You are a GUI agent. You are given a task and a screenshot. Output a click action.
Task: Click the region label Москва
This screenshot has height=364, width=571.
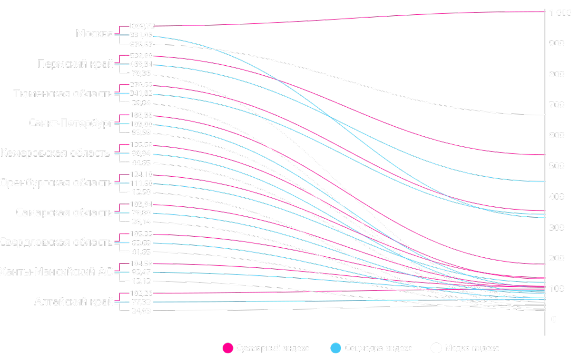tap(94, 34)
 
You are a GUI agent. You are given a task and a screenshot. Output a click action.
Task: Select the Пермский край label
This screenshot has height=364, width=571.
tap(75, 64)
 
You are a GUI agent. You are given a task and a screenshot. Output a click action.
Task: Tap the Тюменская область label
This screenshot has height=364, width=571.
tap(63, 93)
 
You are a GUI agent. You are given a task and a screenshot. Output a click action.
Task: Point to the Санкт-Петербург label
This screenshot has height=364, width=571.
tap(71, 123)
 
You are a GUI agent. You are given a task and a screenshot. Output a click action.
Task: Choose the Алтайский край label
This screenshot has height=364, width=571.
tap(73, 302)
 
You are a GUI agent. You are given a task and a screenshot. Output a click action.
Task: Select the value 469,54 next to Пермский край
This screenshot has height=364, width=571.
tap(141, 64)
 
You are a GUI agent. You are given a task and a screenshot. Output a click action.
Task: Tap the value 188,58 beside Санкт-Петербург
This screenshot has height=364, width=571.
tap(141, 115)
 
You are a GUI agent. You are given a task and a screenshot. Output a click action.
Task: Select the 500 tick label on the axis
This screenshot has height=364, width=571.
tap(557, 166)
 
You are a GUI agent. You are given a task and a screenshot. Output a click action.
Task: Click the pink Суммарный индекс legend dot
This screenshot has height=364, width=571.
tap(227, 348)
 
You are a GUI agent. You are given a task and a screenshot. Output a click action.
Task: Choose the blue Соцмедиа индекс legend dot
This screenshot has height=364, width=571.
tap(336, 348)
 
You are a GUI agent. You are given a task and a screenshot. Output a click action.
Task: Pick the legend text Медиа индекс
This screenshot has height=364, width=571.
tap(472, 348)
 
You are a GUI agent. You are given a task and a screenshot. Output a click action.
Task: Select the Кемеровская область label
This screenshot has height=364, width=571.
tap(55, 153)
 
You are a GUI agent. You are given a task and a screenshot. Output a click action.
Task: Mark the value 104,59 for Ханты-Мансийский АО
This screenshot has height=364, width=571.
tap(141, 263)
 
